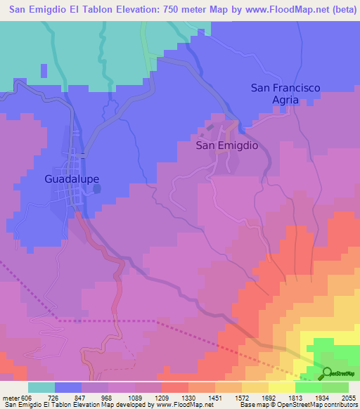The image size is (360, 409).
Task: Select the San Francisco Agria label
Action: (285, 93)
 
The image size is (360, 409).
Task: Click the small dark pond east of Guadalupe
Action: (96, 188)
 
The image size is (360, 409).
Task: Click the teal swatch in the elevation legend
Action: (41, 387)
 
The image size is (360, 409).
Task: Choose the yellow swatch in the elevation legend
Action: (281, 387)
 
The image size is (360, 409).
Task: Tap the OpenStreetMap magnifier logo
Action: (327, 373)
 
